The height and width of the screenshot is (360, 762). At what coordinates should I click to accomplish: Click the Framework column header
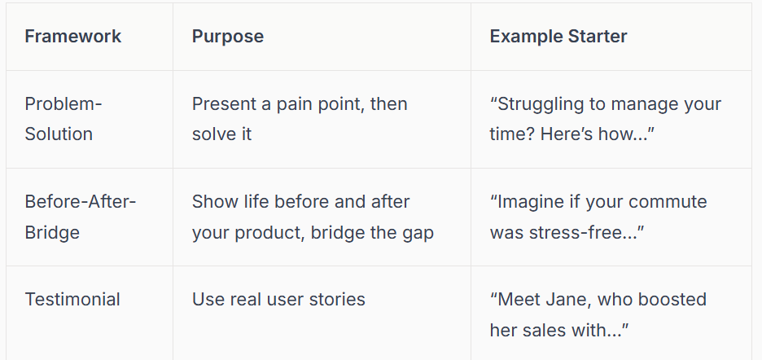point(73,37)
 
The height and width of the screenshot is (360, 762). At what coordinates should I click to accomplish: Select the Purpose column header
point(228,37)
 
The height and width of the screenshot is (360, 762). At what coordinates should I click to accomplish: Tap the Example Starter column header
point(558,37)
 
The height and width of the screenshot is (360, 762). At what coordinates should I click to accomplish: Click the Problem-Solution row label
point(63,119)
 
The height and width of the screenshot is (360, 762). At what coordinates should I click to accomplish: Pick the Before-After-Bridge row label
point(80,217)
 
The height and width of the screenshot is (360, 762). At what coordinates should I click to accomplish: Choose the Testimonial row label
point(72,300)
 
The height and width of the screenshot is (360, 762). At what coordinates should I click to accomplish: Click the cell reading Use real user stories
point(278,300)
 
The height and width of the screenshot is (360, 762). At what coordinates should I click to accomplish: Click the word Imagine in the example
point(532,202)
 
